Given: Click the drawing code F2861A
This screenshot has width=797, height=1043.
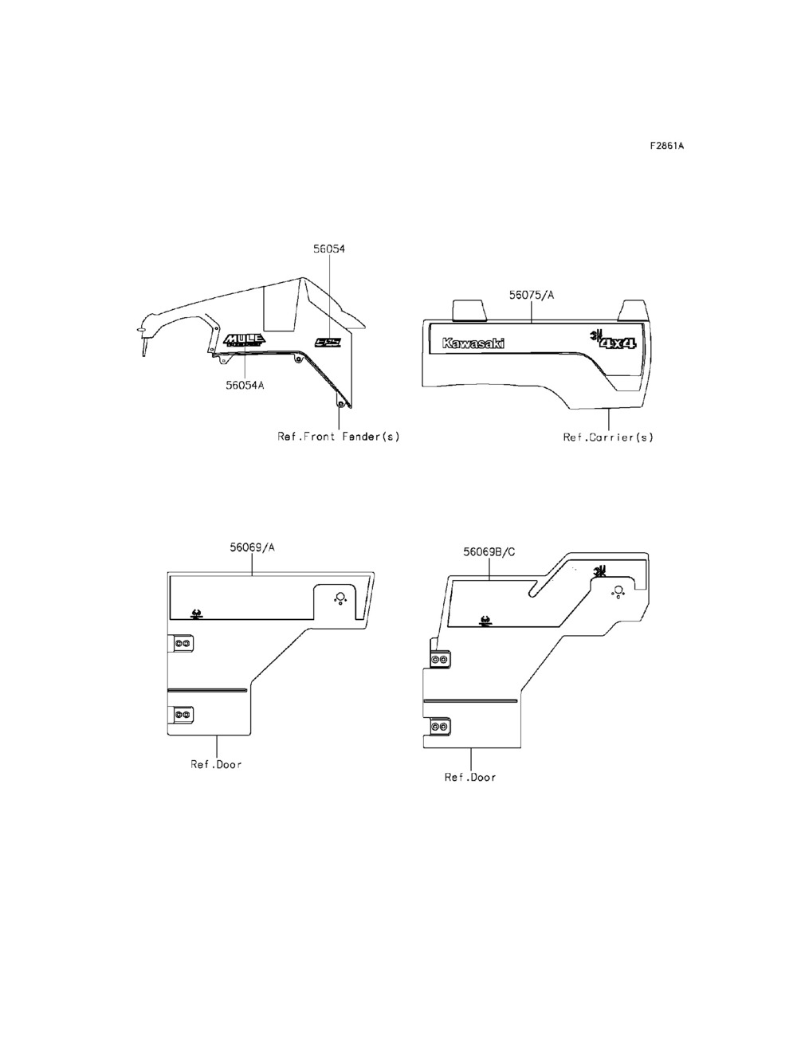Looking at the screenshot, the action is (x=666, y=146).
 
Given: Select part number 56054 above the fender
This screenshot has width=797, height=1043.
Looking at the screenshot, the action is (x=328, y=249).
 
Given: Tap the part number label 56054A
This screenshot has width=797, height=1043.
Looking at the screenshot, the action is (x=245, y=384).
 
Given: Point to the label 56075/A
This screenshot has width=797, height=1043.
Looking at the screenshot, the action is (x=531, y=295).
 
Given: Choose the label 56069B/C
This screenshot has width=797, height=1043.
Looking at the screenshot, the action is (x=489, y=551).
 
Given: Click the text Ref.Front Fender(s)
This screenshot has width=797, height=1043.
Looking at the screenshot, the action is (x=338, y=437).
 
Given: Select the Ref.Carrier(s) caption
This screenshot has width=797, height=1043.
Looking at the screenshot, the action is (x=608, y=437).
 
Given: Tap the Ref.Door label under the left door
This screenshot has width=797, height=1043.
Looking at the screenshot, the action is (x=216, y=764).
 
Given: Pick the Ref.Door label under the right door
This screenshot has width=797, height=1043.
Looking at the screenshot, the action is (x=470, y=778).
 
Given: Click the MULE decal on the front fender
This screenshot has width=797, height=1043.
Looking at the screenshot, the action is (x=245, y=340).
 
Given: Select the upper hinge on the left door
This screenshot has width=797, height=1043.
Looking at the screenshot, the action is (x=182, y=643).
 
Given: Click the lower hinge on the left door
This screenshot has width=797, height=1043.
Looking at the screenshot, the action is (x=182, y=715).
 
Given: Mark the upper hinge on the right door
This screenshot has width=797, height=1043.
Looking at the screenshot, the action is (x=439, y=660).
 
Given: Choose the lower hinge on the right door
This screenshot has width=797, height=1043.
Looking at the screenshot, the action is (x=439, y=727).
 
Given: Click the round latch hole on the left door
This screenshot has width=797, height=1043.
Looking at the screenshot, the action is (x=340, y=598).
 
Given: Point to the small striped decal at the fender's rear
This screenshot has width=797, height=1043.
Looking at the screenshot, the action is (x=328, y=343).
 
